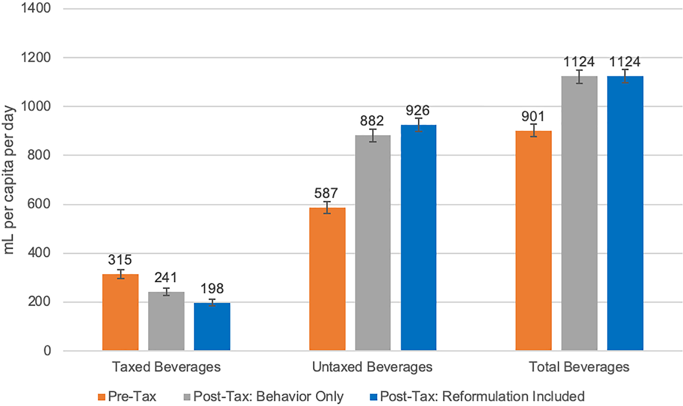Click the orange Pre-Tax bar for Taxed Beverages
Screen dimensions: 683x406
click(120, 312)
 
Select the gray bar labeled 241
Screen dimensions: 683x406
click(166, 321)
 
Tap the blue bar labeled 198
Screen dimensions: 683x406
click(212, 327)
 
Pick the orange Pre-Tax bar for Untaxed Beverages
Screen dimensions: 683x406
click(327, 279)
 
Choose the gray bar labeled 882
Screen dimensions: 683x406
click(373, 243)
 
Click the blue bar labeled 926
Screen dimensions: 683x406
click(418, 238)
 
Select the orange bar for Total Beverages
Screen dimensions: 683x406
click(534, 241)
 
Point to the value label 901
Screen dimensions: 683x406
click(533, 116)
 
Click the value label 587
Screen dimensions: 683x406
click(326, 193)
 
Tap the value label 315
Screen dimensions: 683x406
click(120, 260)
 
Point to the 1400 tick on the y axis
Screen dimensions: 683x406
click(35, 8)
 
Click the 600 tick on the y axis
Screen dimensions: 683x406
click(39, 204)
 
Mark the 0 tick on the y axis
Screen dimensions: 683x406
click(47, 351)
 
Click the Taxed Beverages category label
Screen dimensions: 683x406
click(166, 367)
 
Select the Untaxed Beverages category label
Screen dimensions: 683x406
click(372, 367)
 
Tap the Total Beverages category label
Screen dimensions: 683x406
click(579, 367)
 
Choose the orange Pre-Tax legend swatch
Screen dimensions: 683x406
click(102, 397)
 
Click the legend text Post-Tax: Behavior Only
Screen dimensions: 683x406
click(269, 397)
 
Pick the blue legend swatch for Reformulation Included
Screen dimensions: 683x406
click(374, 397)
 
